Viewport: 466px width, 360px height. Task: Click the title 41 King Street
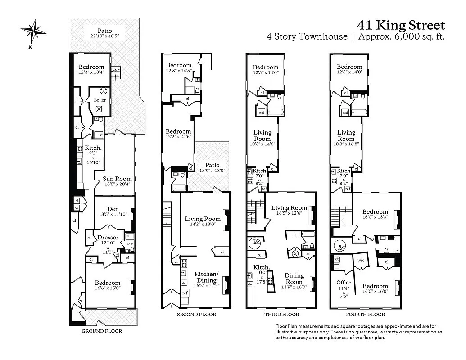coord(401,25)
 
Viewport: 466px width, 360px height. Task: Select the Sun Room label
coord(117,179)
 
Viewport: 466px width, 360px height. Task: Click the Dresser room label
coord(108,238)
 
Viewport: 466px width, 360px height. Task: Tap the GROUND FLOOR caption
coord(101,331)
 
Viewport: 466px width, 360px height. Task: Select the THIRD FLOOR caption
coord(281,315)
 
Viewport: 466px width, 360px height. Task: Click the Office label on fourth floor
coord(344,283)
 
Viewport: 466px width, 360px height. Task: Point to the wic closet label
coord(361,260)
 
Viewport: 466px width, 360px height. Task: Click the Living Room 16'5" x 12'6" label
coord(289,211)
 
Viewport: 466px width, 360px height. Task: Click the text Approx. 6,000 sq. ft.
coord(401,37)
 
